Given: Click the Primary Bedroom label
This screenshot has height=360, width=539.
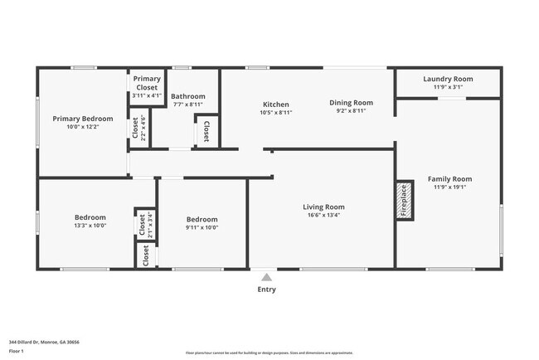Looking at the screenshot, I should [82, 119].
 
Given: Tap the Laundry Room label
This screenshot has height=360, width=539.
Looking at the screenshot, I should [448, 79].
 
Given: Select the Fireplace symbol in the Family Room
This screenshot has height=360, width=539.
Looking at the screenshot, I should [404, 200].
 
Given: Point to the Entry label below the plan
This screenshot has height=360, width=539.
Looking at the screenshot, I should [266, 289].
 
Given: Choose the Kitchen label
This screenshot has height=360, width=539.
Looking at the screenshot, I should [275, 105].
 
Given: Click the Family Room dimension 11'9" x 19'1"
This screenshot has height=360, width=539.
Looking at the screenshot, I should [449, 187].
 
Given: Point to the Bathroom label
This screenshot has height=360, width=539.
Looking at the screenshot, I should [187, 96].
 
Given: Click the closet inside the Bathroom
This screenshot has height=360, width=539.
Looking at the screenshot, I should [206, 130].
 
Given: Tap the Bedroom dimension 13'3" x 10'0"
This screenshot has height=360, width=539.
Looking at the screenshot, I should [90, 226].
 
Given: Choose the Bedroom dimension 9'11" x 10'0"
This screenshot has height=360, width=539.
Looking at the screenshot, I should [202, 226].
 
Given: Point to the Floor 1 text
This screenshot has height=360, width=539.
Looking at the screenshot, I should [17, 352].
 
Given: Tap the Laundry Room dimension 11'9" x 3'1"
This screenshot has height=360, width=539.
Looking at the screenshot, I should [448, 87].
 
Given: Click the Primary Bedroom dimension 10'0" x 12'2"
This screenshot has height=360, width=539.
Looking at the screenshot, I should [82, 127].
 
